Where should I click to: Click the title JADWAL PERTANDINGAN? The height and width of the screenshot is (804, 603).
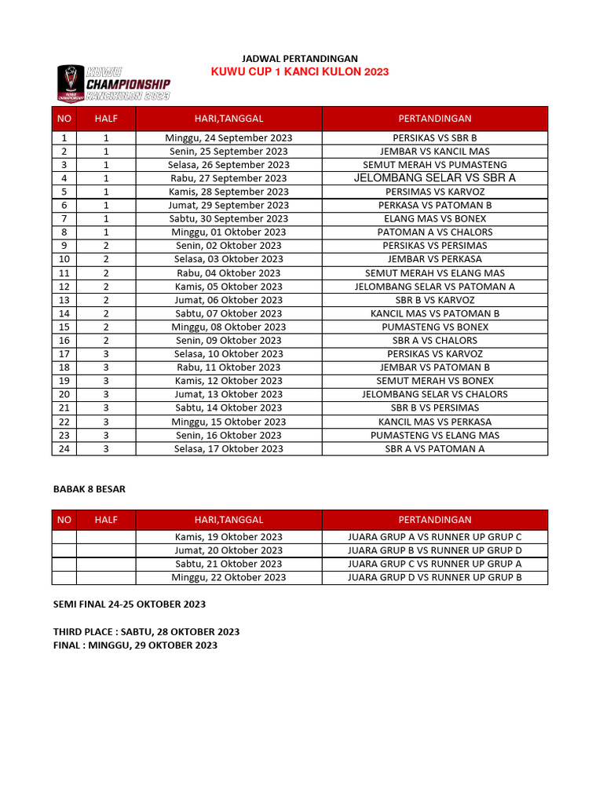pyautogui.click(x=299, y=59)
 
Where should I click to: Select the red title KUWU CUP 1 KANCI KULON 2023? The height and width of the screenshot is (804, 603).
pyautogui.click(x=299, y=72)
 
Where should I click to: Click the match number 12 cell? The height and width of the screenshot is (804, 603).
pyautogui.click(x=64, y=287)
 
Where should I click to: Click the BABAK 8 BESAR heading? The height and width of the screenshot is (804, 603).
pyautogui.click(x=89, y=488)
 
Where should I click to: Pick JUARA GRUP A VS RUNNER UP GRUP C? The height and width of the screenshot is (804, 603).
pyautogui.click(x=434, y=537)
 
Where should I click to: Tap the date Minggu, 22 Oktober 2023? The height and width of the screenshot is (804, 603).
pyautogui.click(x=228, y=577)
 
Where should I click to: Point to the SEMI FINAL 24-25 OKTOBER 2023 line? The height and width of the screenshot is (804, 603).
pyautogui.click(x=129, y=604)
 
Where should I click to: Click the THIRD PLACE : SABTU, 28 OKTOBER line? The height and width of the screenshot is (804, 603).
pyautogui.click(x=146, y=631)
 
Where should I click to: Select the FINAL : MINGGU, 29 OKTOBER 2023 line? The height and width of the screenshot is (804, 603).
pyautogui.click(x=135, y=645)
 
